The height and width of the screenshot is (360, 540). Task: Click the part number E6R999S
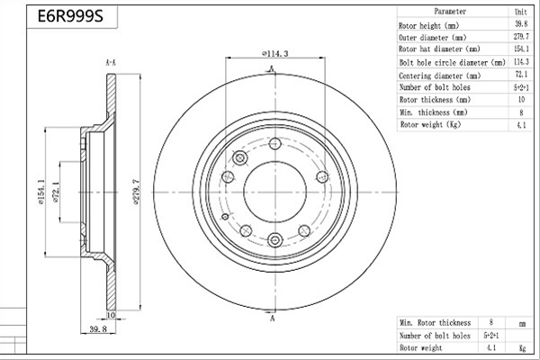click(70, 16)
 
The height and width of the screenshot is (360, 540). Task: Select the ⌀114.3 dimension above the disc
click(274, 53)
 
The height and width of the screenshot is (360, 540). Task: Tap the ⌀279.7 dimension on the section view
click(136, 193)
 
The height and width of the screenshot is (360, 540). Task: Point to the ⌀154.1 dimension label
click(41, 193)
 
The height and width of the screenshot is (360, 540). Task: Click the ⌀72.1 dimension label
click(57, 193)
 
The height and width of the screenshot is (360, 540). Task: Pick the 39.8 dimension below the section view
click(98, 329)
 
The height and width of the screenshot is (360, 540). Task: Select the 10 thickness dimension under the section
click(111, 315)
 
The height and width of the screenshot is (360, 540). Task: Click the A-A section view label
click(110, 63)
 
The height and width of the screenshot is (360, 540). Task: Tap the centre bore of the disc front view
click(274, 193)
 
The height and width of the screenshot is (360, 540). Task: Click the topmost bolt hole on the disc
click(274, 143)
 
